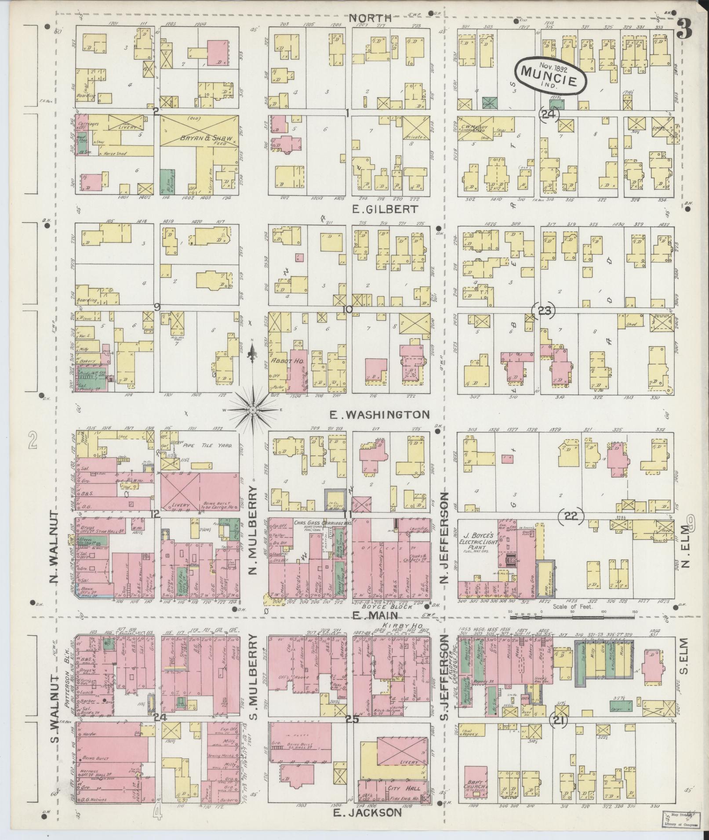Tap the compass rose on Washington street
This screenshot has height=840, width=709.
[253, 409]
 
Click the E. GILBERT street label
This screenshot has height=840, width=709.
[384, 209]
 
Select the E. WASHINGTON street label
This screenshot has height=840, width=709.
[379, 414]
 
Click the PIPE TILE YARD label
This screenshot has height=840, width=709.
[212, 445]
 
